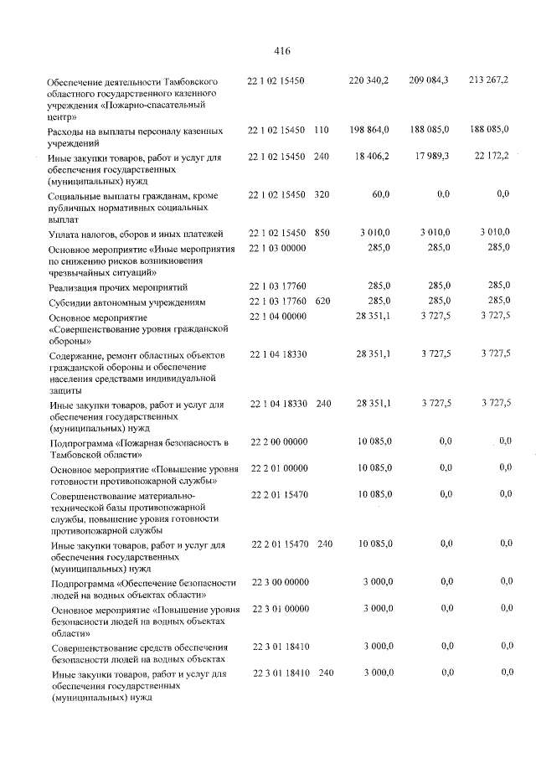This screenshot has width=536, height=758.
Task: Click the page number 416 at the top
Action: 281,50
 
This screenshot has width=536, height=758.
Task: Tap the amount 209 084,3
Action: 429,80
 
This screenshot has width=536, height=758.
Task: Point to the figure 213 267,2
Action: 489,80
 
